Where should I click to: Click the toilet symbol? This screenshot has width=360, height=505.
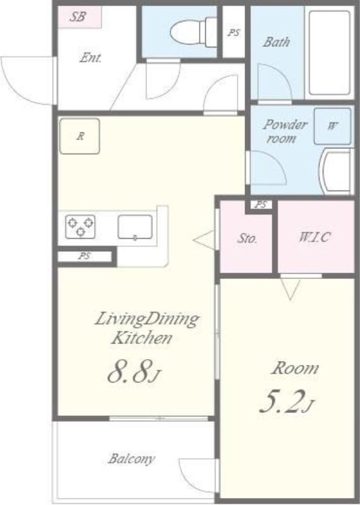193,32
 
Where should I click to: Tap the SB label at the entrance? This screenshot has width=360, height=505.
78,17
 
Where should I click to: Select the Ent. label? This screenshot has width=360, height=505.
90,57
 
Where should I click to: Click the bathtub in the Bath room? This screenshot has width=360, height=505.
330,53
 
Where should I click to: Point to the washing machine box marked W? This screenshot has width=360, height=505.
332,126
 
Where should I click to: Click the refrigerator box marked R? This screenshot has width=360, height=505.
80,136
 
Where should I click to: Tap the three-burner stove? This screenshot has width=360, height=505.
80,227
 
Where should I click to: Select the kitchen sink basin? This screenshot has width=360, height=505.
135,227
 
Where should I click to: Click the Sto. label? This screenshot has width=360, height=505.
247,239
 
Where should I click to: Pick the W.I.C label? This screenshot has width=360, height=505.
315,237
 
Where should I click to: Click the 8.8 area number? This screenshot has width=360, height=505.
129,371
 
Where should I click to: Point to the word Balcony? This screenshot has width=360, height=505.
131,459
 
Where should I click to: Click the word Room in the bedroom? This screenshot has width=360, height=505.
295,368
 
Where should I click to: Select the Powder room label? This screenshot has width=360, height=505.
285,131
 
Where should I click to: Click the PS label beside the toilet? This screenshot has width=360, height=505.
234,33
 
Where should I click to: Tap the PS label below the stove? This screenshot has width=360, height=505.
85,256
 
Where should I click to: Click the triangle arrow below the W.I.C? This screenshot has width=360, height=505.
291,290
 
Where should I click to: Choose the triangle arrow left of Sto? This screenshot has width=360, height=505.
204,240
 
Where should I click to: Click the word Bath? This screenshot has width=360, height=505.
276,42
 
